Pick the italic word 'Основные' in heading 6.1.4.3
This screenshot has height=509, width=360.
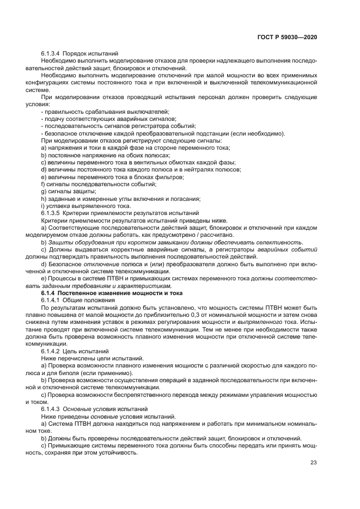(x=76, y=408)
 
